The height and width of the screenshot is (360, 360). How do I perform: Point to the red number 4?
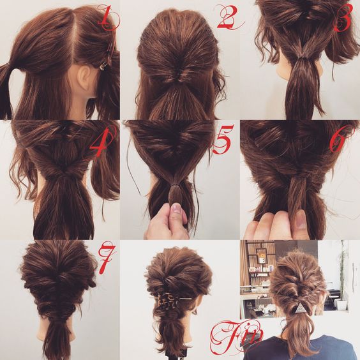[x=102, y=142]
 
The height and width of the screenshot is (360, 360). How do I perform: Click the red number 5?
[x=222, y=139]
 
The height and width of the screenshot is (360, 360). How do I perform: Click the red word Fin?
[x=236, y=336]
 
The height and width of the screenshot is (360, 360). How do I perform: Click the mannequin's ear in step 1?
[x=84, y=77]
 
